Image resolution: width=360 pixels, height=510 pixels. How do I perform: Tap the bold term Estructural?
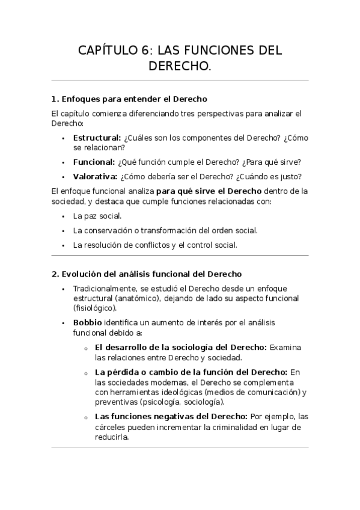[x=97, y=138]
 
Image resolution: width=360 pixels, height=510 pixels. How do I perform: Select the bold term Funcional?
[x=94, y=162]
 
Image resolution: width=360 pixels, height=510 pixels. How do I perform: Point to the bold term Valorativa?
[x=95, y=177]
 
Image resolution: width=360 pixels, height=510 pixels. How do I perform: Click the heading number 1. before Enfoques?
[x=55, y=99]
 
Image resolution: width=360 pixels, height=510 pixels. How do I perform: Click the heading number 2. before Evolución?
[x=55, y=274]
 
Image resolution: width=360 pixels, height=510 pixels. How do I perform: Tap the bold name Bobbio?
[x=88, y=322]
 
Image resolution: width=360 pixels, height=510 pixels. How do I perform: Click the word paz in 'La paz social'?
[x=93, y=215]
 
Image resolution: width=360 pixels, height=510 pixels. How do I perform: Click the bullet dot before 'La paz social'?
[x=64, y=215]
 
